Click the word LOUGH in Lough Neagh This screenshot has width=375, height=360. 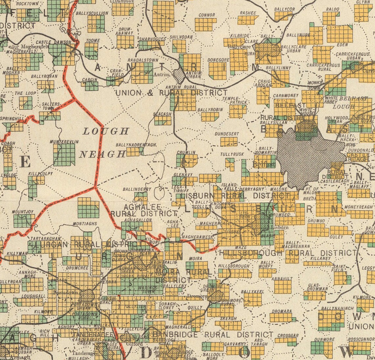(x=106, y=132)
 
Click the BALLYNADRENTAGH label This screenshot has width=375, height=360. (x=136, y=145)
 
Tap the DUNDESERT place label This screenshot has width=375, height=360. (x=226, y=134)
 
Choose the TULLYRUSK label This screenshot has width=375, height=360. (x=232, y=154)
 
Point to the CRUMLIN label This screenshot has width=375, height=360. (x=186, y=152)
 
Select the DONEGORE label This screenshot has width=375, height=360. (x=218, y=60)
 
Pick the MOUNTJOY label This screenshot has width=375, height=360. (x=23, y=212)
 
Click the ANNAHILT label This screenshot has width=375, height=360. (x=282, y=278)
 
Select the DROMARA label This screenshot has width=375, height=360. (x=280, y=310)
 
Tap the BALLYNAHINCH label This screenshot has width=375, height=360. (x=333, y=308)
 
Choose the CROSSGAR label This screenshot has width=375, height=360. (x=287, y=336)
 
